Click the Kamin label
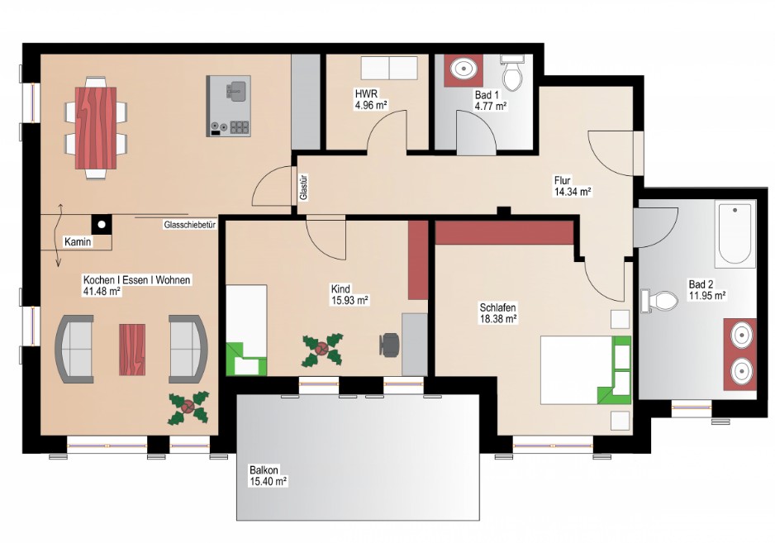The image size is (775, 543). tap(78, 242)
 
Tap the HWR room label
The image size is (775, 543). tap(366, 93)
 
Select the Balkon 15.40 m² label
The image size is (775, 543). tap(269, 475)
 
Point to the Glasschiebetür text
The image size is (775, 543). tap(190, 225)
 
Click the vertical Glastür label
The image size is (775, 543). tap(304, 188)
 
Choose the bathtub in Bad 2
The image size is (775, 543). tap(735, 234)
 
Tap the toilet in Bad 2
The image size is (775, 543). tap(659, 300)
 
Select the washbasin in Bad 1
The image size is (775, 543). tap(464, 69)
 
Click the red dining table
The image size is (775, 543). tap(96, 127)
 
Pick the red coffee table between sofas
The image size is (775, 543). tap(132, 349)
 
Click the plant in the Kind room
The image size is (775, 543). tap(322, 350)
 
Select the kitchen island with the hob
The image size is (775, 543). tap(228, 106)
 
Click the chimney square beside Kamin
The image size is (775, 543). tap(102, 225)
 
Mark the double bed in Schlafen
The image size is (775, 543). tap(586, 370)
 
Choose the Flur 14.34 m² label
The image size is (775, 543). tap(573, 186)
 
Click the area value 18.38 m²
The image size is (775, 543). tap(498, 319)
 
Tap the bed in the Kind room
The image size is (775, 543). tap(246, 330)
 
